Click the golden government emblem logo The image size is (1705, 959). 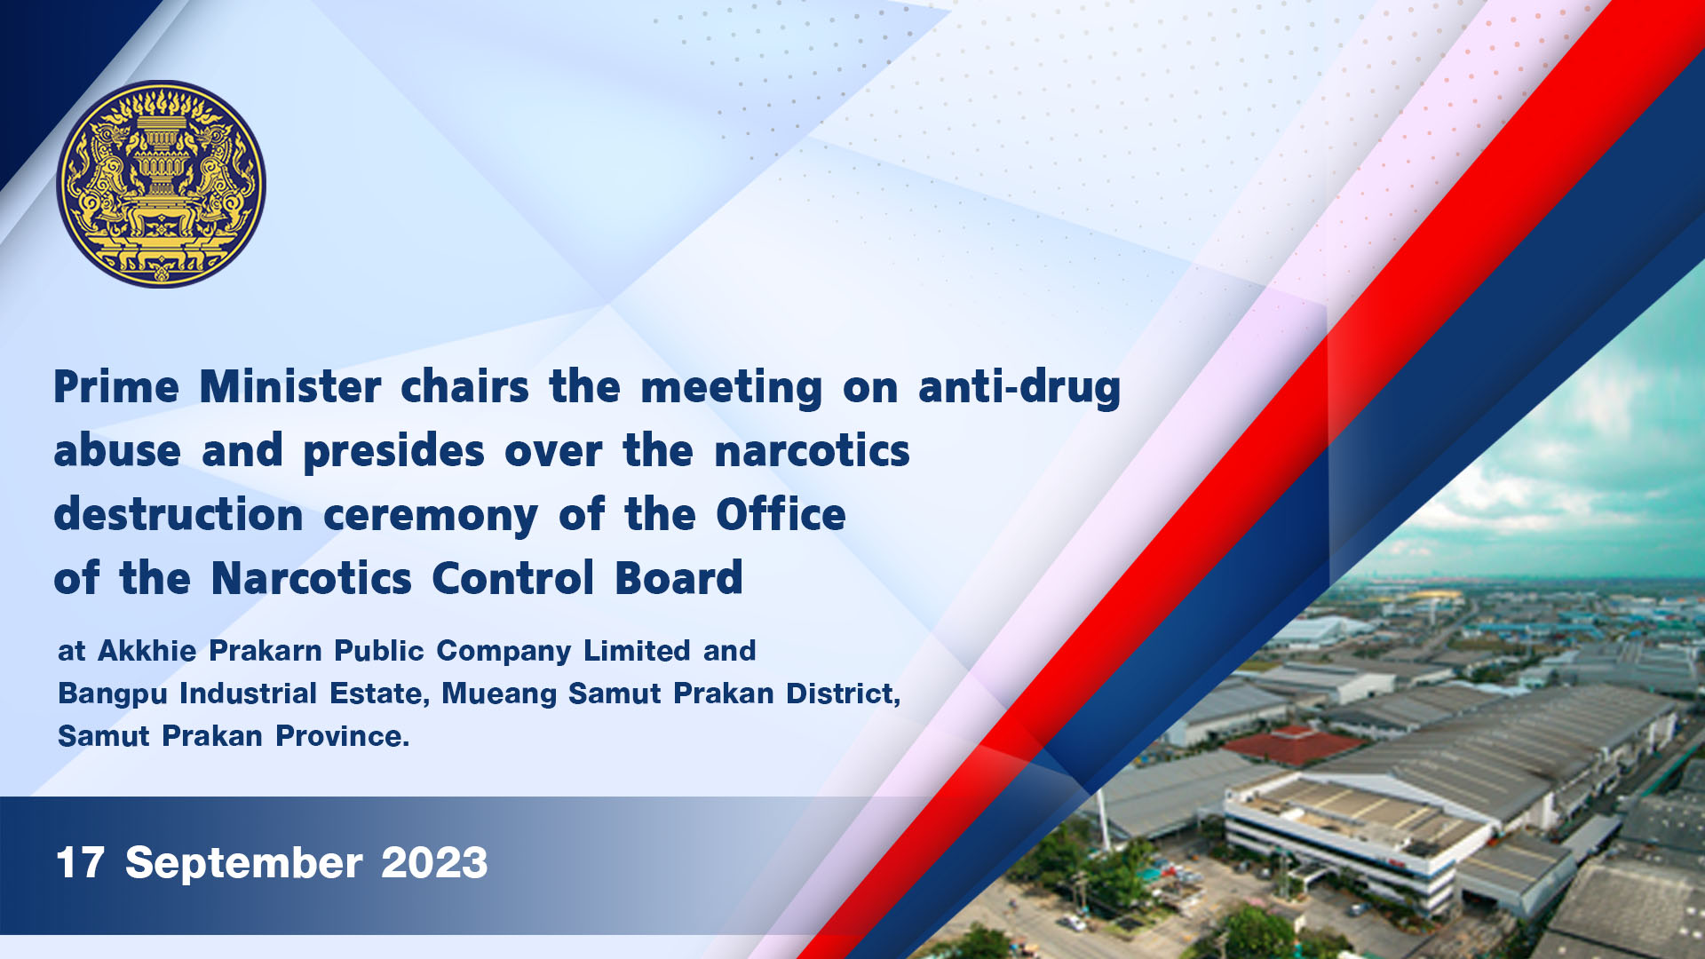(162, 184)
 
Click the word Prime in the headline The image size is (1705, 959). (116, 387)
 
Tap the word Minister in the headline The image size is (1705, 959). (290, 387)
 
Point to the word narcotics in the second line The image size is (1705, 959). (812, 451)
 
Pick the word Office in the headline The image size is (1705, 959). (781, 514)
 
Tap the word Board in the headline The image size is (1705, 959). (678, 578)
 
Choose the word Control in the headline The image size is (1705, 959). (513, 578)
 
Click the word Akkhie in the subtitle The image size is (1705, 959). (147, 651)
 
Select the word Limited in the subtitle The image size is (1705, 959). (637, 651)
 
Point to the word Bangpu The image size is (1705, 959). (113, 694)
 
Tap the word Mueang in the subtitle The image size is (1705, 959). (500, 694)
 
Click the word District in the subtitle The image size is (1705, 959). (843, 693)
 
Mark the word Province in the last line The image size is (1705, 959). (342, 736)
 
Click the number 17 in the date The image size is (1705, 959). (81, 863)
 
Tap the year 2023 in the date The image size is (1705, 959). (434, 863)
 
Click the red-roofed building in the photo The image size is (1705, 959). (1292, 746)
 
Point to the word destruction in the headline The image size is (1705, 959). (178, 515)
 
